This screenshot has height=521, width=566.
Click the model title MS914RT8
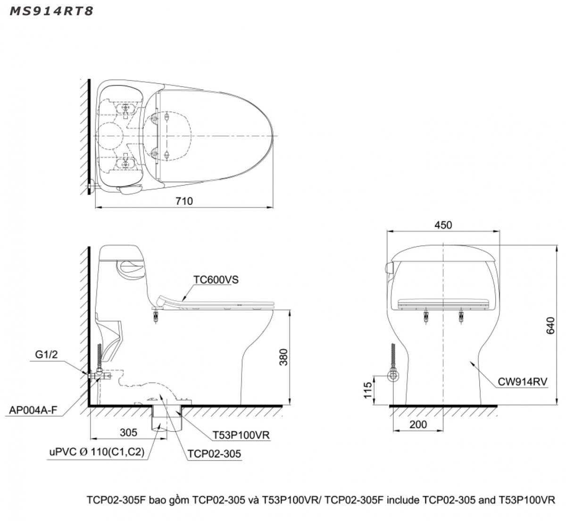[51, 11]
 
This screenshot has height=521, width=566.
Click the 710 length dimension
[184, 201]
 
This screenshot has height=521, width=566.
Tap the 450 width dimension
[443, 225]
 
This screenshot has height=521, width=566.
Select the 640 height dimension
[550, 325]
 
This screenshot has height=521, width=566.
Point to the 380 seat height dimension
[283, 357]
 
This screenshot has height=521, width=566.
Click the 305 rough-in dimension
[128, 432]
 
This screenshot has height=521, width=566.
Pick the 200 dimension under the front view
[418, 424]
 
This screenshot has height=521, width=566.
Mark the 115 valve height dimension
[368, 390]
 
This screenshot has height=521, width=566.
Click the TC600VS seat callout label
[216, 279]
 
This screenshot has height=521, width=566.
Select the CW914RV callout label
[522, 382]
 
